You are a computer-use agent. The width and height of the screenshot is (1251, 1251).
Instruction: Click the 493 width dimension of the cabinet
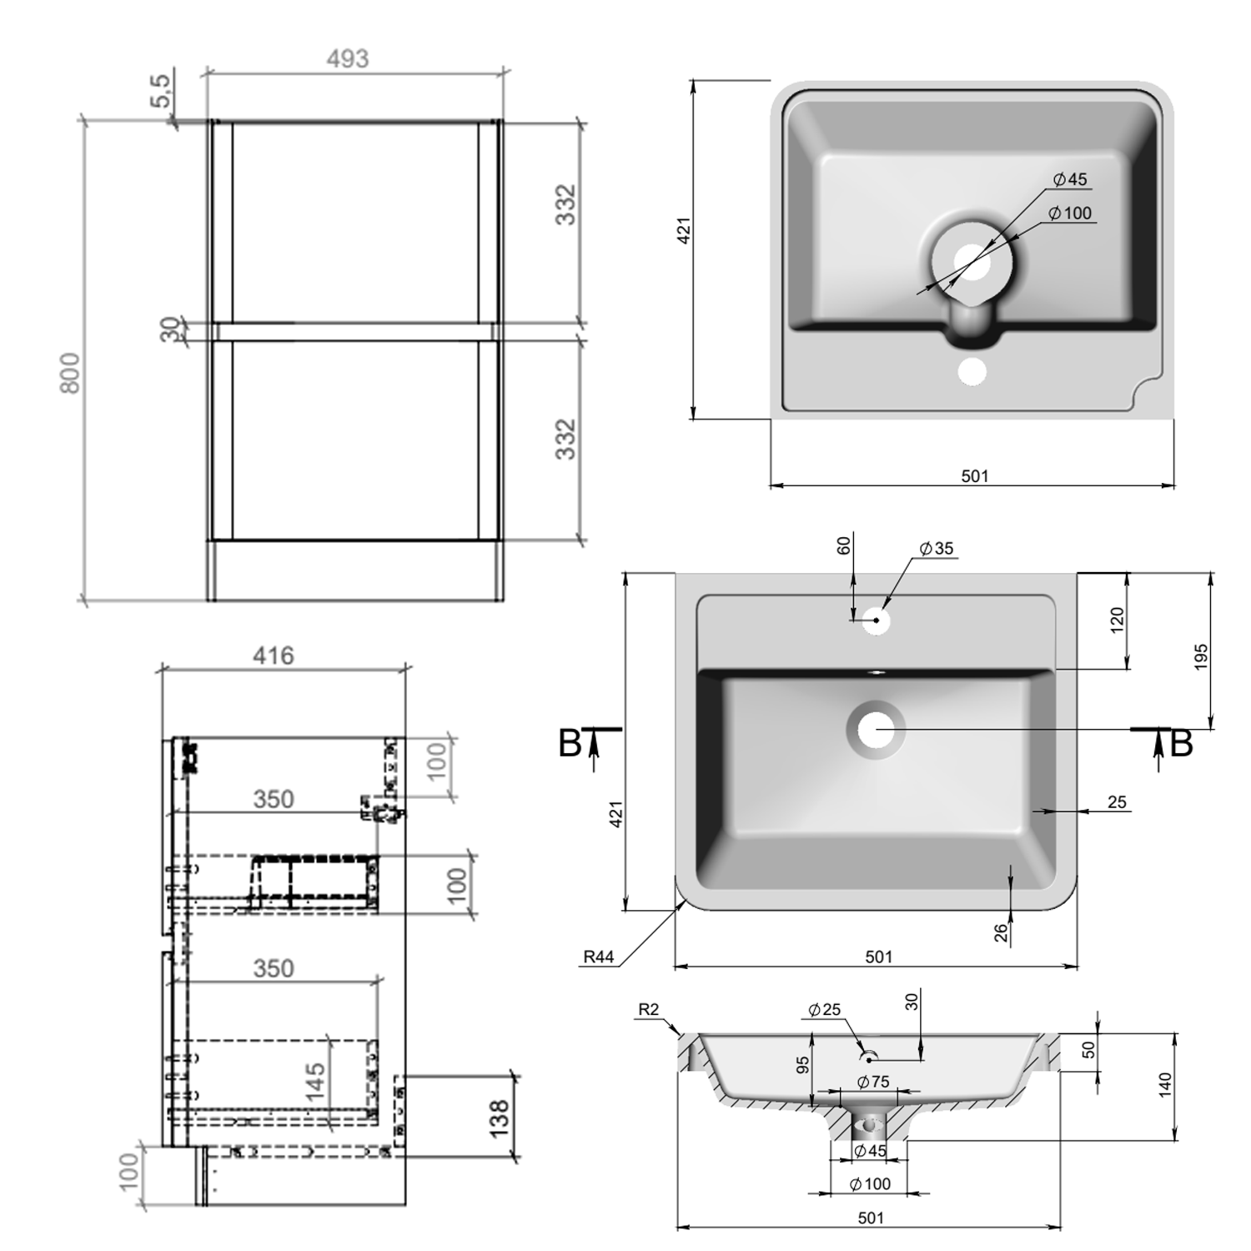347,59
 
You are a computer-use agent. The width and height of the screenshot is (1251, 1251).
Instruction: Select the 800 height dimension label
72,373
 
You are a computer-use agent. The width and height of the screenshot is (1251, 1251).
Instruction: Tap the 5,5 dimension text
161,91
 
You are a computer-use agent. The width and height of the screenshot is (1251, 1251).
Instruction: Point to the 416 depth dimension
274,656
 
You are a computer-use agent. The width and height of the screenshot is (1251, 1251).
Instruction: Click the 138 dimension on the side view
498,1119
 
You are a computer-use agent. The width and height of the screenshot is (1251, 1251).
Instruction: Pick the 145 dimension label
315,1082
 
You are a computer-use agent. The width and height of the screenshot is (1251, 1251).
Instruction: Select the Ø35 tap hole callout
936,549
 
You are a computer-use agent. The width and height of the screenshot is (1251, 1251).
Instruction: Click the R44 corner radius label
598,957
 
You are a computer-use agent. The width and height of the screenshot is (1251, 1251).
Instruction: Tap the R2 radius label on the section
648,1010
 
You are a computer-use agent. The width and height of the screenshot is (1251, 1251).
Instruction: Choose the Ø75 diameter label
873,1082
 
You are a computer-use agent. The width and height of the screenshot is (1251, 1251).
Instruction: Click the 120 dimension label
1118,620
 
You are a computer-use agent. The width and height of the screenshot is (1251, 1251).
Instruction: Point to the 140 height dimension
1165,1084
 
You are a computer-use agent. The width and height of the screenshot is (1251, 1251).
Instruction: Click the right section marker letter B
1181,744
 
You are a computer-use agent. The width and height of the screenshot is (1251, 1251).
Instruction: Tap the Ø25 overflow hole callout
824,1010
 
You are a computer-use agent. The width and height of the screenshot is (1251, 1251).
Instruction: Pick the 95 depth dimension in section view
802,1065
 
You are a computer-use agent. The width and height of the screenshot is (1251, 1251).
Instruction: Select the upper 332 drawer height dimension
566,205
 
